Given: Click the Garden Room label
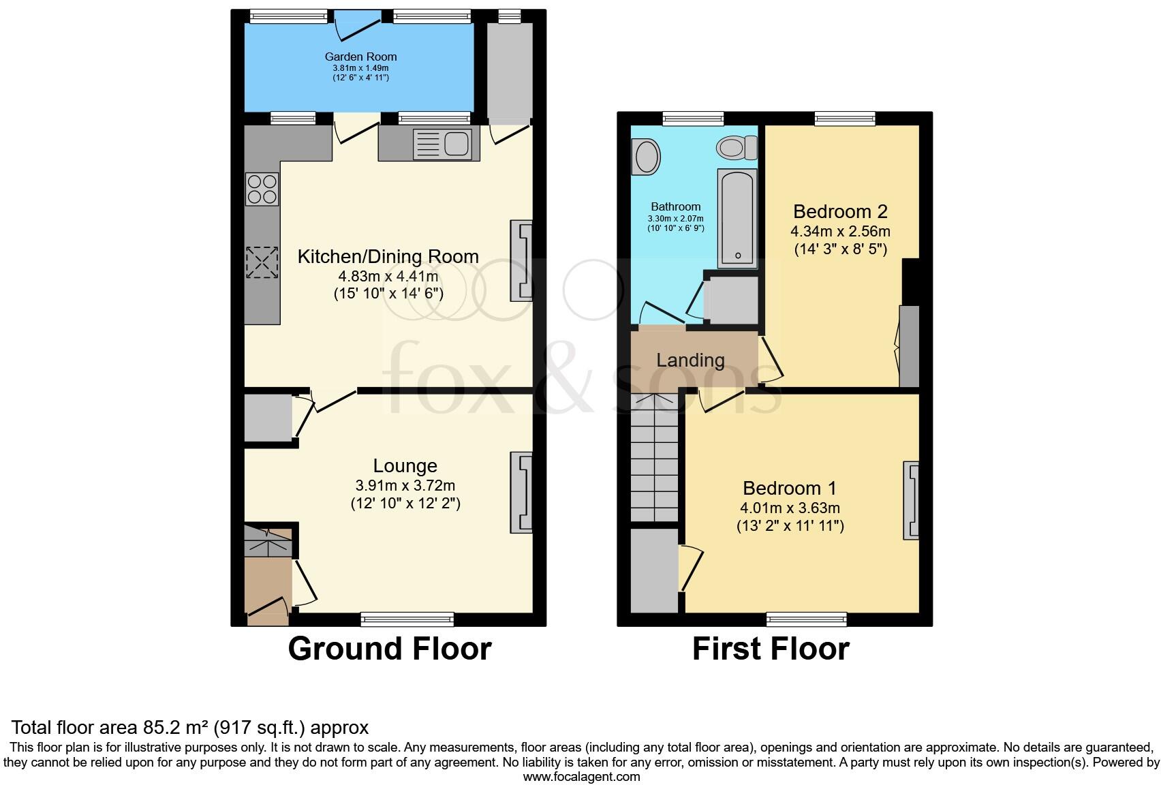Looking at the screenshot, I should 360,57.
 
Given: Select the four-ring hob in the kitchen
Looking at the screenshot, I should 262,189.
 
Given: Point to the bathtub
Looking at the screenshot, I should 737,218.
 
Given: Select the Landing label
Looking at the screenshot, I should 690,360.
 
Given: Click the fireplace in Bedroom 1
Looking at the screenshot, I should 911,501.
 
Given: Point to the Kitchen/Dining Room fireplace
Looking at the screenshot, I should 521,260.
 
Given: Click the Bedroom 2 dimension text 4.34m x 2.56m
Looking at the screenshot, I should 841,232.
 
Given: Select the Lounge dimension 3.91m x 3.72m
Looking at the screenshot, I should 405,486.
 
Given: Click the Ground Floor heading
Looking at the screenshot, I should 390,649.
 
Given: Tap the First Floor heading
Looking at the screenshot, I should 771,649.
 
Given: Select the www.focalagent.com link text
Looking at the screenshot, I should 581,776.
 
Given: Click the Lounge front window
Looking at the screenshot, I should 407,619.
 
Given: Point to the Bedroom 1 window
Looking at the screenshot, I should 806,619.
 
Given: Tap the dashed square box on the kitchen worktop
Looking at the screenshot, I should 262,262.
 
